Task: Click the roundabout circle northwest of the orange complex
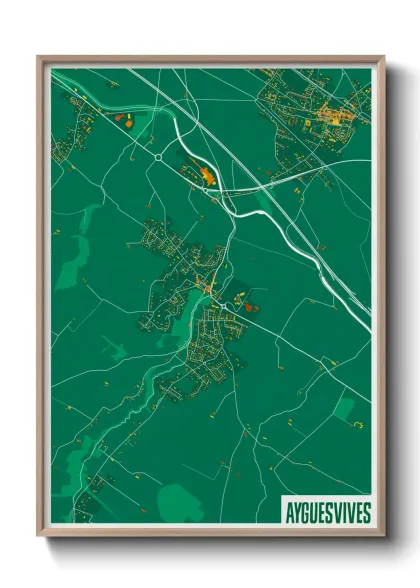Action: click(x=158, y=157)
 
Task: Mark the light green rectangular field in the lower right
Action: click(x=343, y=407)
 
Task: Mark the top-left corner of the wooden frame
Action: click(x=38, y=56)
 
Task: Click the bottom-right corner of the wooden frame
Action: click(x=384, y=537)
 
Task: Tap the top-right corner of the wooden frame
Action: click(x=384, y=56)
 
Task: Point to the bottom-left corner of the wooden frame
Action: click(x=38, y=537)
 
